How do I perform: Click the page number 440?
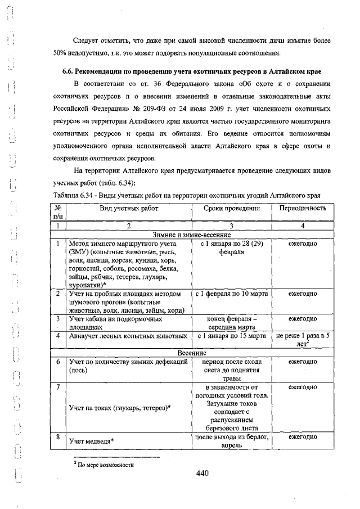[202, 474]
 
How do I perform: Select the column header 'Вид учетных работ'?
[129, 208]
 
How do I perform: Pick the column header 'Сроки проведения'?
[232, 208]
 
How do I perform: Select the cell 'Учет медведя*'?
[92, 440]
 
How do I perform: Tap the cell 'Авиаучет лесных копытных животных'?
[128, 336]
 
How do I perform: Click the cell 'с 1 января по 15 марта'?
[231, 336]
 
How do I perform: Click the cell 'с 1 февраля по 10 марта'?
[231, 294]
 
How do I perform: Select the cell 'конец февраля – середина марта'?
[231, 322]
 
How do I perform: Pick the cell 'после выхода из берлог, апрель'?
[231, 441]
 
